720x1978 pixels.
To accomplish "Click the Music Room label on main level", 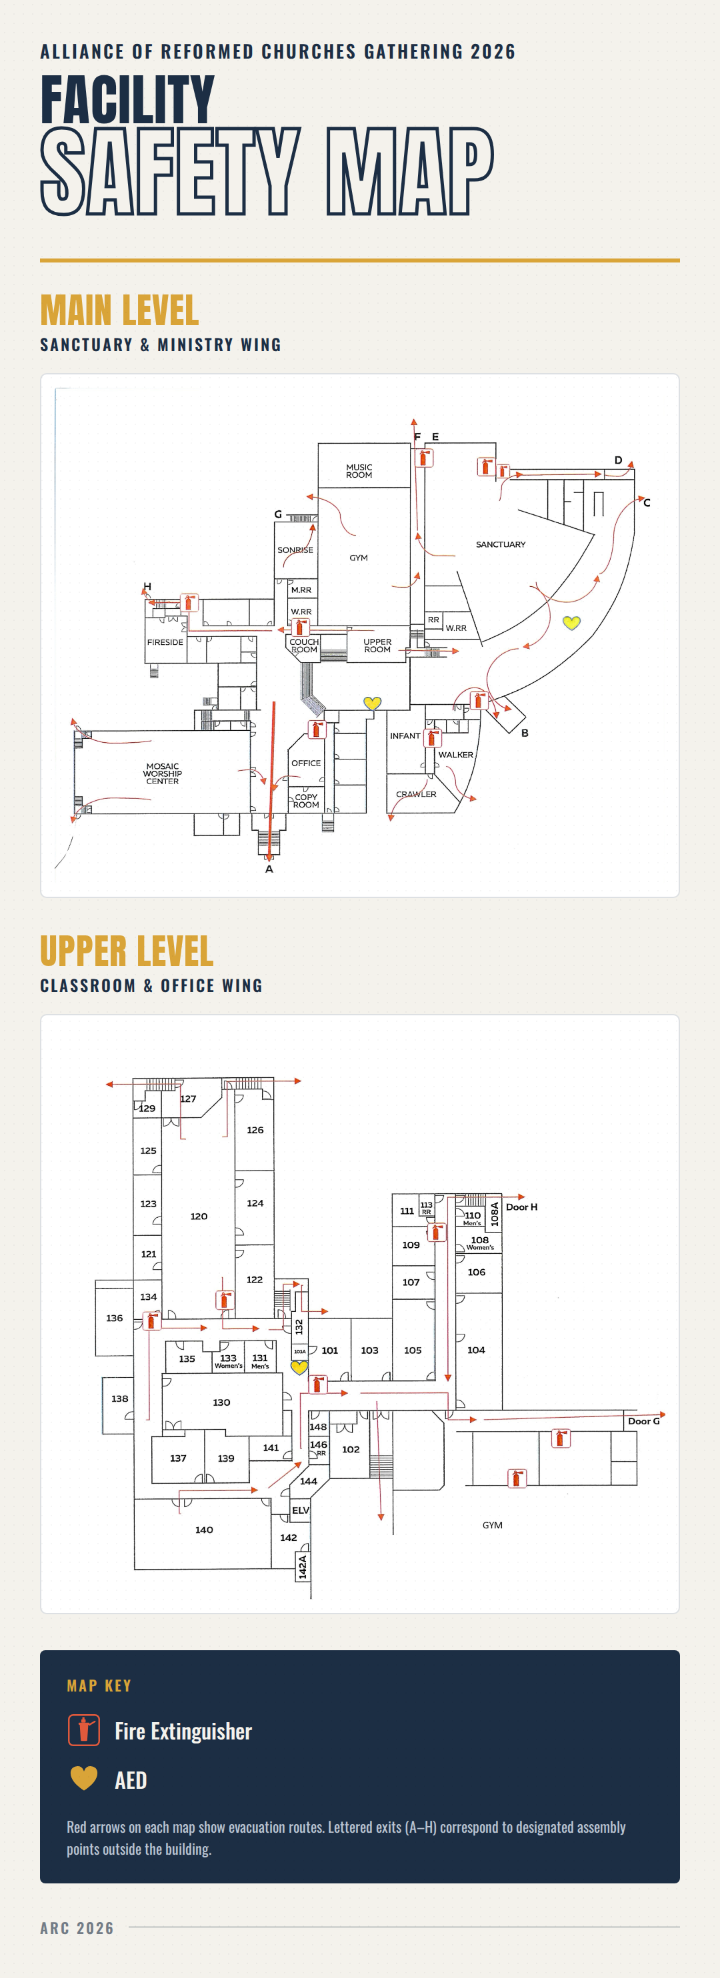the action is (359, 471).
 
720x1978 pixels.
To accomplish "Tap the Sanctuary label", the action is (500, 544).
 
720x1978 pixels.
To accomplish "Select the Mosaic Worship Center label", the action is (162, 773).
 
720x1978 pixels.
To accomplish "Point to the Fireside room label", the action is (165, 642).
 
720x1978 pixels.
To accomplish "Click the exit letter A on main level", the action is (269, 869).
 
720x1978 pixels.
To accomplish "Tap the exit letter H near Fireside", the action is (147, 587).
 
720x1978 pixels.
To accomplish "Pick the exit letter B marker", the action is (525, 734).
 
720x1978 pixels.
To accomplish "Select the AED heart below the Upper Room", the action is (372, 703).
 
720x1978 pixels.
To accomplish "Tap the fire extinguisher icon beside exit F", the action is (423, 458).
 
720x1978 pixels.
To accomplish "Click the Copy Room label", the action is (306, 801).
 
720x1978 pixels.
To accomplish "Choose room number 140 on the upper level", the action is (203, 1530).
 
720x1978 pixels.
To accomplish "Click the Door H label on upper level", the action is (522, 1207).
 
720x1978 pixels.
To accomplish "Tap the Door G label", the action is (644, 1421).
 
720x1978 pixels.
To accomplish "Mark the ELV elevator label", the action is (301, 1510).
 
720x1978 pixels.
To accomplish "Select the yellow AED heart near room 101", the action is (300, 1368).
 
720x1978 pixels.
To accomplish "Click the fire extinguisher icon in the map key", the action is (84, 1730).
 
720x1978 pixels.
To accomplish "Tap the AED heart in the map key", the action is (84, 1778).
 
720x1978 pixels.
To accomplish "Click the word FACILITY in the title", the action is (127, 99).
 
